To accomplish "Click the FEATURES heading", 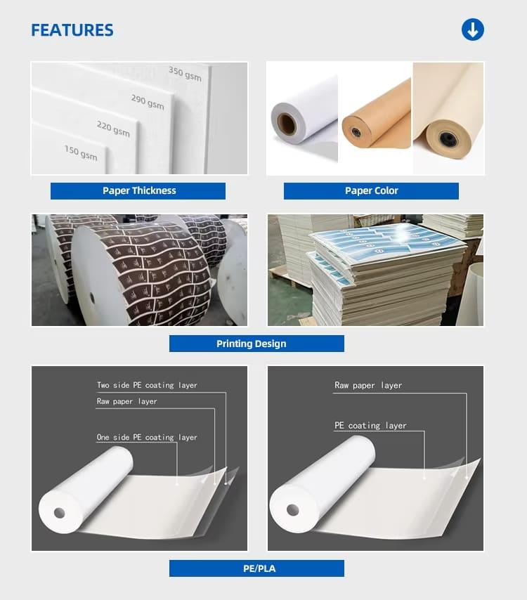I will (x=72, y=30).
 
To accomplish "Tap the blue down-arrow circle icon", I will (x=472, y=30).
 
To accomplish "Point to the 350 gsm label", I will (x=185, y=73).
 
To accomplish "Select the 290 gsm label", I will (x=148, y=102).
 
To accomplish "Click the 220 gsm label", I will (x=113, y=129).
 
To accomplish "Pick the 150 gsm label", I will (x=81, y=152).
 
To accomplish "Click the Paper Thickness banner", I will (x=138, y=190).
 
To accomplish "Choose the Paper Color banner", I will (x=371, y=190).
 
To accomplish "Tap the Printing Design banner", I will (x=256, y=344).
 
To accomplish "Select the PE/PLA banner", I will (x=256, y=568).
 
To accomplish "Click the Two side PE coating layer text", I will (x=147, y=385).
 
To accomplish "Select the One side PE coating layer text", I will (x=147, y=437).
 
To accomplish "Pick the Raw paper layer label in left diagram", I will (x=126, y=401).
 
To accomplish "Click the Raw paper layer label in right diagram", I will (x=367, y=385).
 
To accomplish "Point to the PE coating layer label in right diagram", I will (x=370, y=425).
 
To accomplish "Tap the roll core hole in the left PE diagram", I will (x=59, y=513).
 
